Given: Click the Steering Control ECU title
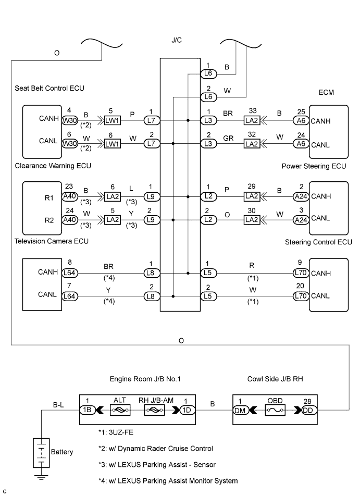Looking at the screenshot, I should click(319, 242).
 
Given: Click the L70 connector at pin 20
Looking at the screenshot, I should click(300, 296).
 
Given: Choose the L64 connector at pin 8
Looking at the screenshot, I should click(69, 272).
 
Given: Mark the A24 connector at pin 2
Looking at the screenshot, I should click(300, 197).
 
